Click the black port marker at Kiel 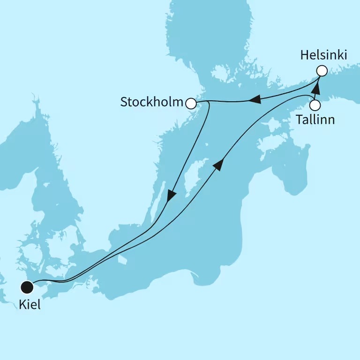27,286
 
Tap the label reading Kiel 30,305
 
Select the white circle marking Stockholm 191,103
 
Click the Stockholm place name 151,102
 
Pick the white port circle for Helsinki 321,71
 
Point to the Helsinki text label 323,55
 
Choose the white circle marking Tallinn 315,105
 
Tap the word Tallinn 315,120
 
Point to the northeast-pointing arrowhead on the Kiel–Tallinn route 218,164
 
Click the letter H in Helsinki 304,55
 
